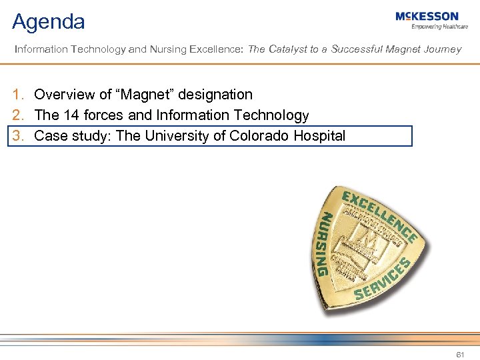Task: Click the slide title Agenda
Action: click(x=49, y=22)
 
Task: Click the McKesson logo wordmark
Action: click(x=427, y=16)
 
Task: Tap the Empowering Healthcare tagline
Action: click(x=439, y=27)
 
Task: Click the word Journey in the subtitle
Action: click(x=442, y=49)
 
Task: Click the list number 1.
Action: click(x=19, y=95)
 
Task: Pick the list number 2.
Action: click(x=19, y=115)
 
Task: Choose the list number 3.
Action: click(x=19, y=136)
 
